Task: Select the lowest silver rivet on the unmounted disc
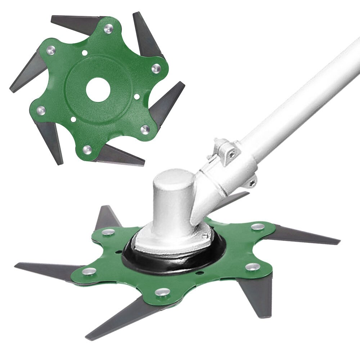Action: click(x=87, y=149)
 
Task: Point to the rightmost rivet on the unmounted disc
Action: click(x=156, y=68)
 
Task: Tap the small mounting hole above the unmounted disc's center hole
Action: click(x=85, y=53)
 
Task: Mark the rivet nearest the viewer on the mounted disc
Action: click(x=163, y=292)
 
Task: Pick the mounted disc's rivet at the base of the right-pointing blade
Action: click(x=257, y=227)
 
